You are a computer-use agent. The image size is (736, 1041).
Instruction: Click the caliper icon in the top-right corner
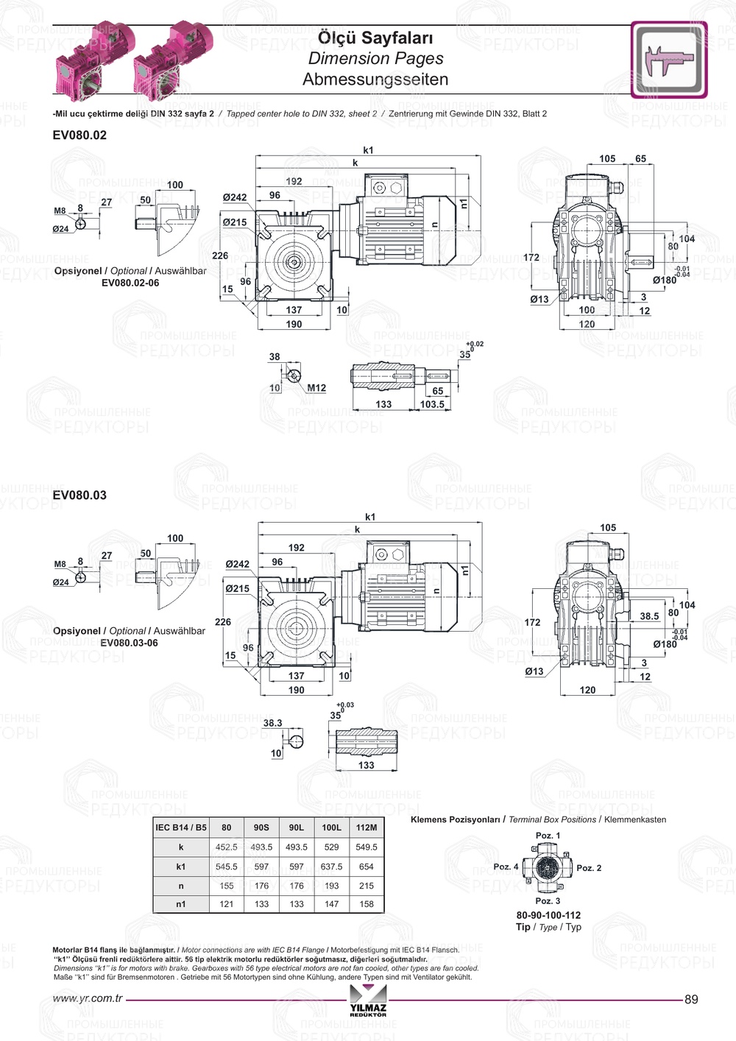pos(668,60)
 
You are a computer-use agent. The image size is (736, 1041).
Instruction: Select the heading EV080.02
pos(79,135)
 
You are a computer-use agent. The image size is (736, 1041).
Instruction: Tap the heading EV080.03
pos(79,495)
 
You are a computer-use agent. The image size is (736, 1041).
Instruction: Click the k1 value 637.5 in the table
pos(331,867)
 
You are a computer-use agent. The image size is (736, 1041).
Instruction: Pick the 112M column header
pos(367,827)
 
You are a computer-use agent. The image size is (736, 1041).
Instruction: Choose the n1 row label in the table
pos(181,904)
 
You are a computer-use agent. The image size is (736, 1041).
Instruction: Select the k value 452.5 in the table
pos(227,847)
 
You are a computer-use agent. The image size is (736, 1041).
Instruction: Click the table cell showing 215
pos(367,886)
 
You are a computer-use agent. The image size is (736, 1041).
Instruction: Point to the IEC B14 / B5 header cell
pos(181,827)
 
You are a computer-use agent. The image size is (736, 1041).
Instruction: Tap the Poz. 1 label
pos(548,836)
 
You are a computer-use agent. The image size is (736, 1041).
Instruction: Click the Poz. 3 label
pos(548,901)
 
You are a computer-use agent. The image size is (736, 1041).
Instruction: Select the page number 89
pos(691,999)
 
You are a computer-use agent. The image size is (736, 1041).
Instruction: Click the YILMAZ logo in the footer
pos(368,1001)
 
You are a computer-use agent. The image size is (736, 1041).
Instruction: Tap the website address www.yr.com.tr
pos(88,999)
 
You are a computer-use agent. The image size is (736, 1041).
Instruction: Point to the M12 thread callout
pos(316,388)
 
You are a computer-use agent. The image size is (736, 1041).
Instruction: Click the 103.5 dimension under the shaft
pos(432,404)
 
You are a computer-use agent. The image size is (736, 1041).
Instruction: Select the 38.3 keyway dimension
pos(272,723)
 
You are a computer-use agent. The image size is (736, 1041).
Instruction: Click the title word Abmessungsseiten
pos(375,80)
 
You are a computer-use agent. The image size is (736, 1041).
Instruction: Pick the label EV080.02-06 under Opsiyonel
pos(130,283)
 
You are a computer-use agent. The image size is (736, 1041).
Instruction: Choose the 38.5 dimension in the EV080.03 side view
pos(649,616)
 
